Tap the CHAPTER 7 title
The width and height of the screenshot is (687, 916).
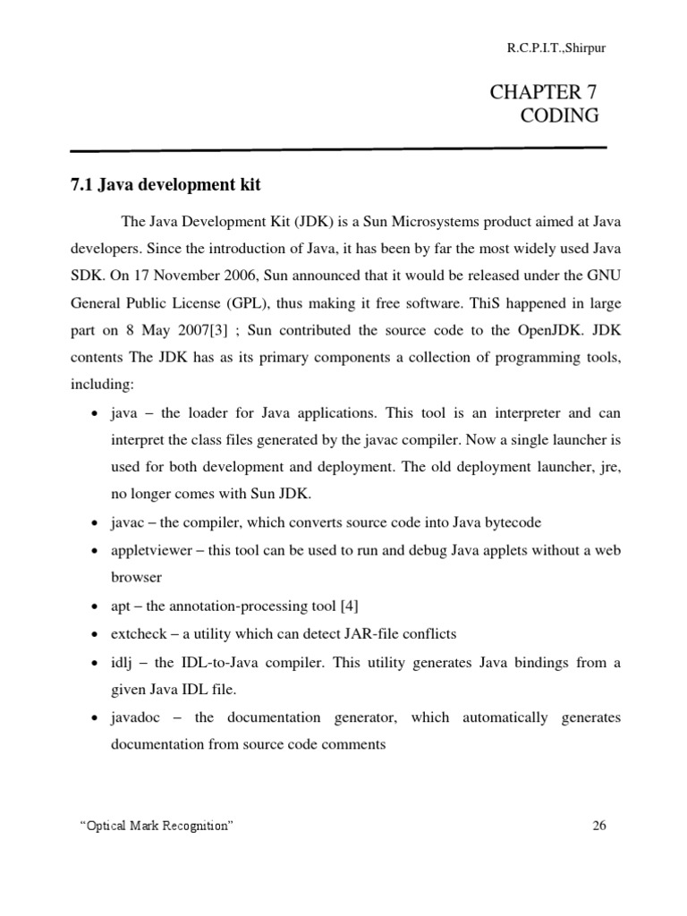pos(543,91)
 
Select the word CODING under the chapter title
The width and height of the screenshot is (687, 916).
pos(559,115)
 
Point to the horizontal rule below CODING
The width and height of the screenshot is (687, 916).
pos(338,148)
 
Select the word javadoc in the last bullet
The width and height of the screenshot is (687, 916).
pos(137,717)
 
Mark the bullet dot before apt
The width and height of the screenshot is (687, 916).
pos(95,607)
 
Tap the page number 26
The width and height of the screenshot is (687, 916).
pos(599,826)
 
